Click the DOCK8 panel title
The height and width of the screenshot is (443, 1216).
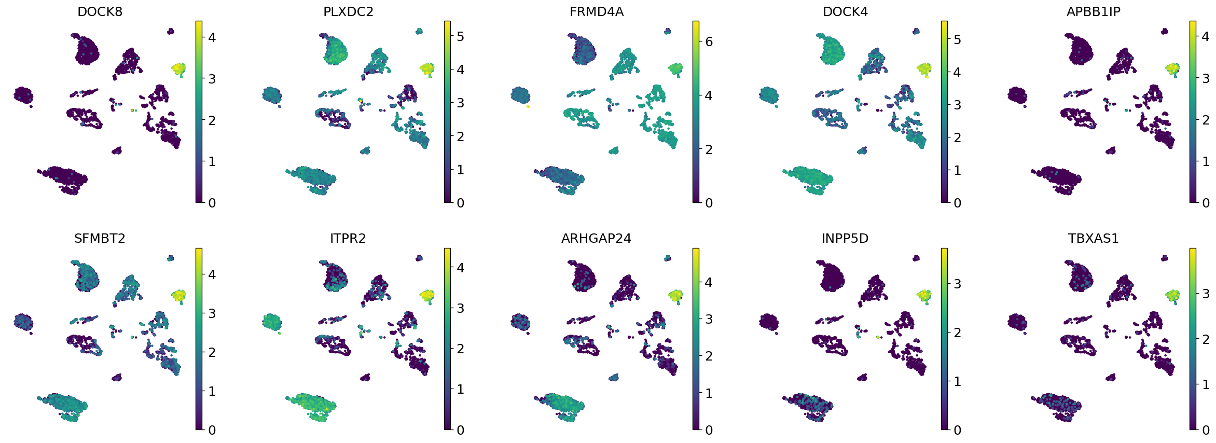click(100, 12)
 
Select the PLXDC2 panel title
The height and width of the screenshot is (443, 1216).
click(348, 12)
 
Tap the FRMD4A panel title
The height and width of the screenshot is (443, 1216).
click(597, 12)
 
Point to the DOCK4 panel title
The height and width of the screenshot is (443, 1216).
click(845, 12)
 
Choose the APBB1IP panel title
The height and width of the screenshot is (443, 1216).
click(1093, 12)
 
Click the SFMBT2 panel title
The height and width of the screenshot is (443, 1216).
click(100, 239)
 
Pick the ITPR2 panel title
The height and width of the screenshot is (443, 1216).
click(348, 239)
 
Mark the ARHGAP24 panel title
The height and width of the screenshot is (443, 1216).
click(597, 239)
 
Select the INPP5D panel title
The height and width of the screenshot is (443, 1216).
click(845, 239)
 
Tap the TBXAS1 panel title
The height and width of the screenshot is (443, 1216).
click(1093, 239)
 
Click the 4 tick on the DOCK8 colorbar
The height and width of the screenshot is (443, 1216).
click(212, 38)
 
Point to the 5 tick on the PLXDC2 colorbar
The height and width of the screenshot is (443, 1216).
click(460, 37)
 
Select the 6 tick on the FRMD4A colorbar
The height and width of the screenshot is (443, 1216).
click(709, 42)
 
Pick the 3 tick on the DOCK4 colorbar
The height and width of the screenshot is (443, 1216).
click(957, 105)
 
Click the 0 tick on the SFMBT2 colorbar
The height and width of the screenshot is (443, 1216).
click(212, 430)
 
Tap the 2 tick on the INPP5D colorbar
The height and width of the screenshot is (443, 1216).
click(957, 333)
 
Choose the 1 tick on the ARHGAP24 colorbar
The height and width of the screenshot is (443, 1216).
click(709, 393)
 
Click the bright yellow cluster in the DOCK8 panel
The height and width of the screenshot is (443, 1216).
click(178, 68)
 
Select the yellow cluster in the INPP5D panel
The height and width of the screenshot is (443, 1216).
click(924, 296)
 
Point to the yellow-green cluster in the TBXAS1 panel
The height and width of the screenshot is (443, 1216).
click(1172, 296)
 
